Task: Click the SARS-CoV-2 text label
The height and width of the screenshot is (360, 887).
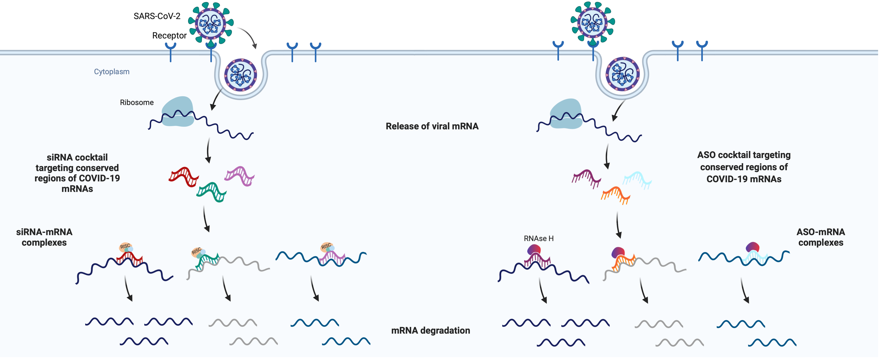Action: tap(157, 16)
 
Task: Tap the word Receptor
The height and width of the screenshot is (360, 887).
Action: tap(169, 35)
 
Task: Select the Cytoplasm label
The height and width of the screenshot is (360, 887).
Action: tap(112, 72)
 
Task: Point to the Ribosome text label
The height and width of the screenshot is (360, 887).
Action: tap(137, 103)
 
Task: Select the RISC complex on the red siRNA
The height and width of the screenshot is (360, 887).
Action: tap(125, 247)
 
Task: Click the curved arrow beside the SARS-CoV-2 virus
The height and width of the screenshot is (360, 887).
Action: tap(249, 37)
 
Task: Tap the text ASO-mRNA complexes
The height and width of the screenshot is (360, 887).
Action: tap(821, 237)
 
